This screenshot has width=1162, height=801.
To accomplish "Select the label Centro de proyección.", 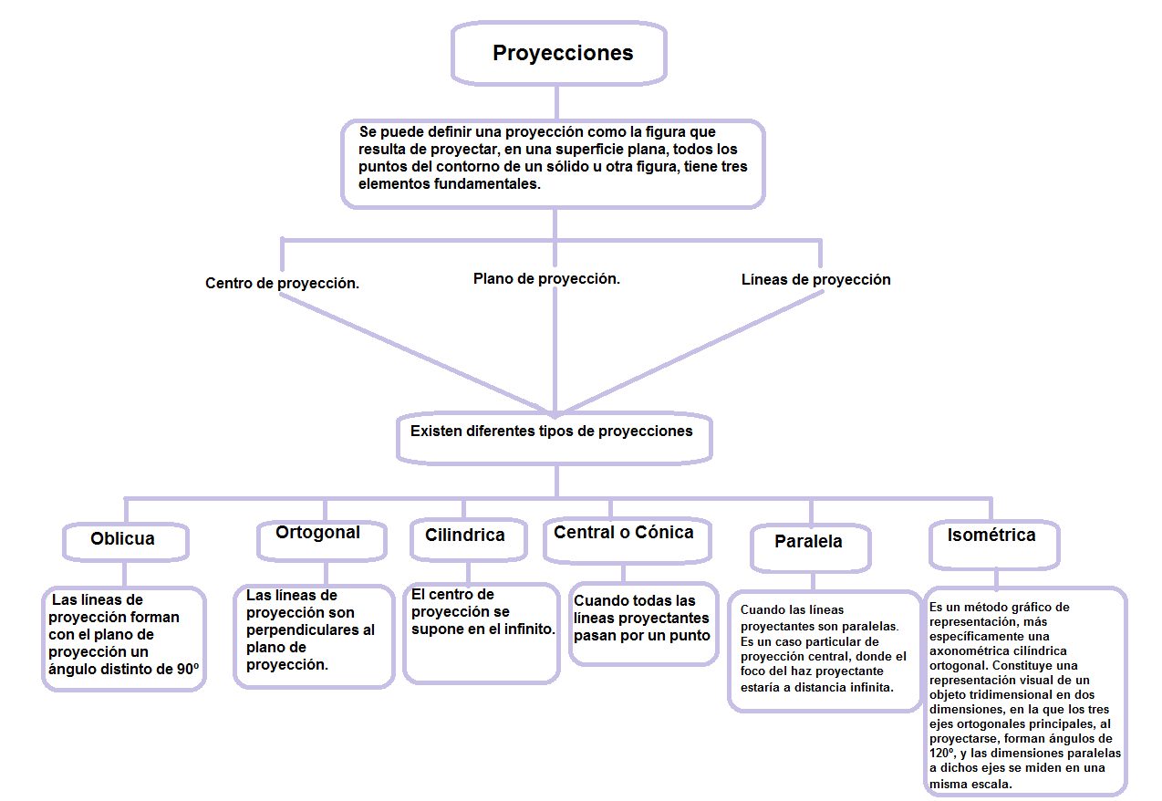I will pyautogui.click(x=282, y=284).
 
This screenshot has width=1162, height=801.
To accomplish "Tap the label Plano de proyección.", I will pyautogui.click(x=546, y=279).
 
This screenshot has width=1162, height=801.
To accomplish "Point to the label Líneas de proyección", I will pyautogui.click(x=815, y=280).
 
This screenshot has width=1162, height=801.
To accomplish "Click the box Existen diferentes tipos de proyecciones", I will pyautogui.click(x=552, y=432).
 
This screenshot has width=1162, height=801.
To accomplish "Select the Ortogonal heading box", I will pyautogui.click(x=317, y=533).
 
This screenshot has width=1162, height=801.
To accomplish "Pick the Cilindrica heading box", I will pyautogui.click(x=464, y=536).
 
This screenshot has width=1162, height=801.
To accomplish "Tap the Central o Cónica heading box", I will pyautogui.click(x=623, y=533).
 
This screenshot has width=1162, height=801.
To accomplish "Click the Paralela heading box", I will pyautogui.click(x=808, y=542).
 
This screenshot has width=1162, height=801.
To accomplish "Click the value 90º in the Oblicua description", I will pyautogui.click(x=188, y=670).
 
